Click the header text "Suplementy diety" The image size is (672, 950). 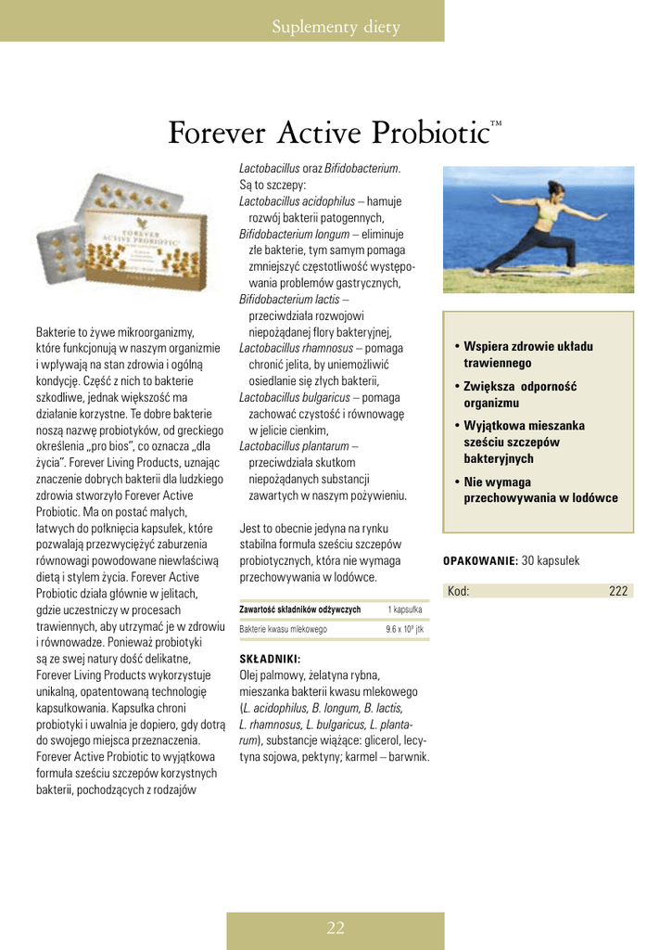tap(336, 27)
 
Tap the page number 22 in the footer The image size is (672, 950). tap(336, 928)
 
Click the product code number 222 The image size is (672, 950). tap(618, 591)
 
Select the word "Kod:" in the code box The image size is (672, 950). tap(458, 591)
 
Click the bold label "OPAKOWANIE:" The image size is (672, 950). tap(481, 561)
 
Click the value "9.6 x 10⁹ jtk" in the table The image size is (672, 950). tap(405, 629)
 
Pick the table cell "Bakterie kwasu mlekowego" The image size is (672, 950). tap(284, 629)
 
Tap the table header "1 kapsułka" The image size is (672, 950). tap(405, 610)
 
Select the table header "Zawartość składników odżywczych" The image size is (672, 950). tap(300, 610)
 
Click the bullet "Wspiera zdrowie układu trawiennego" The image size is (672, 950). tap(527, 354)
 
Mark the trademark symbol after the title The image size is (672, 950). tap(496, 122)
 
